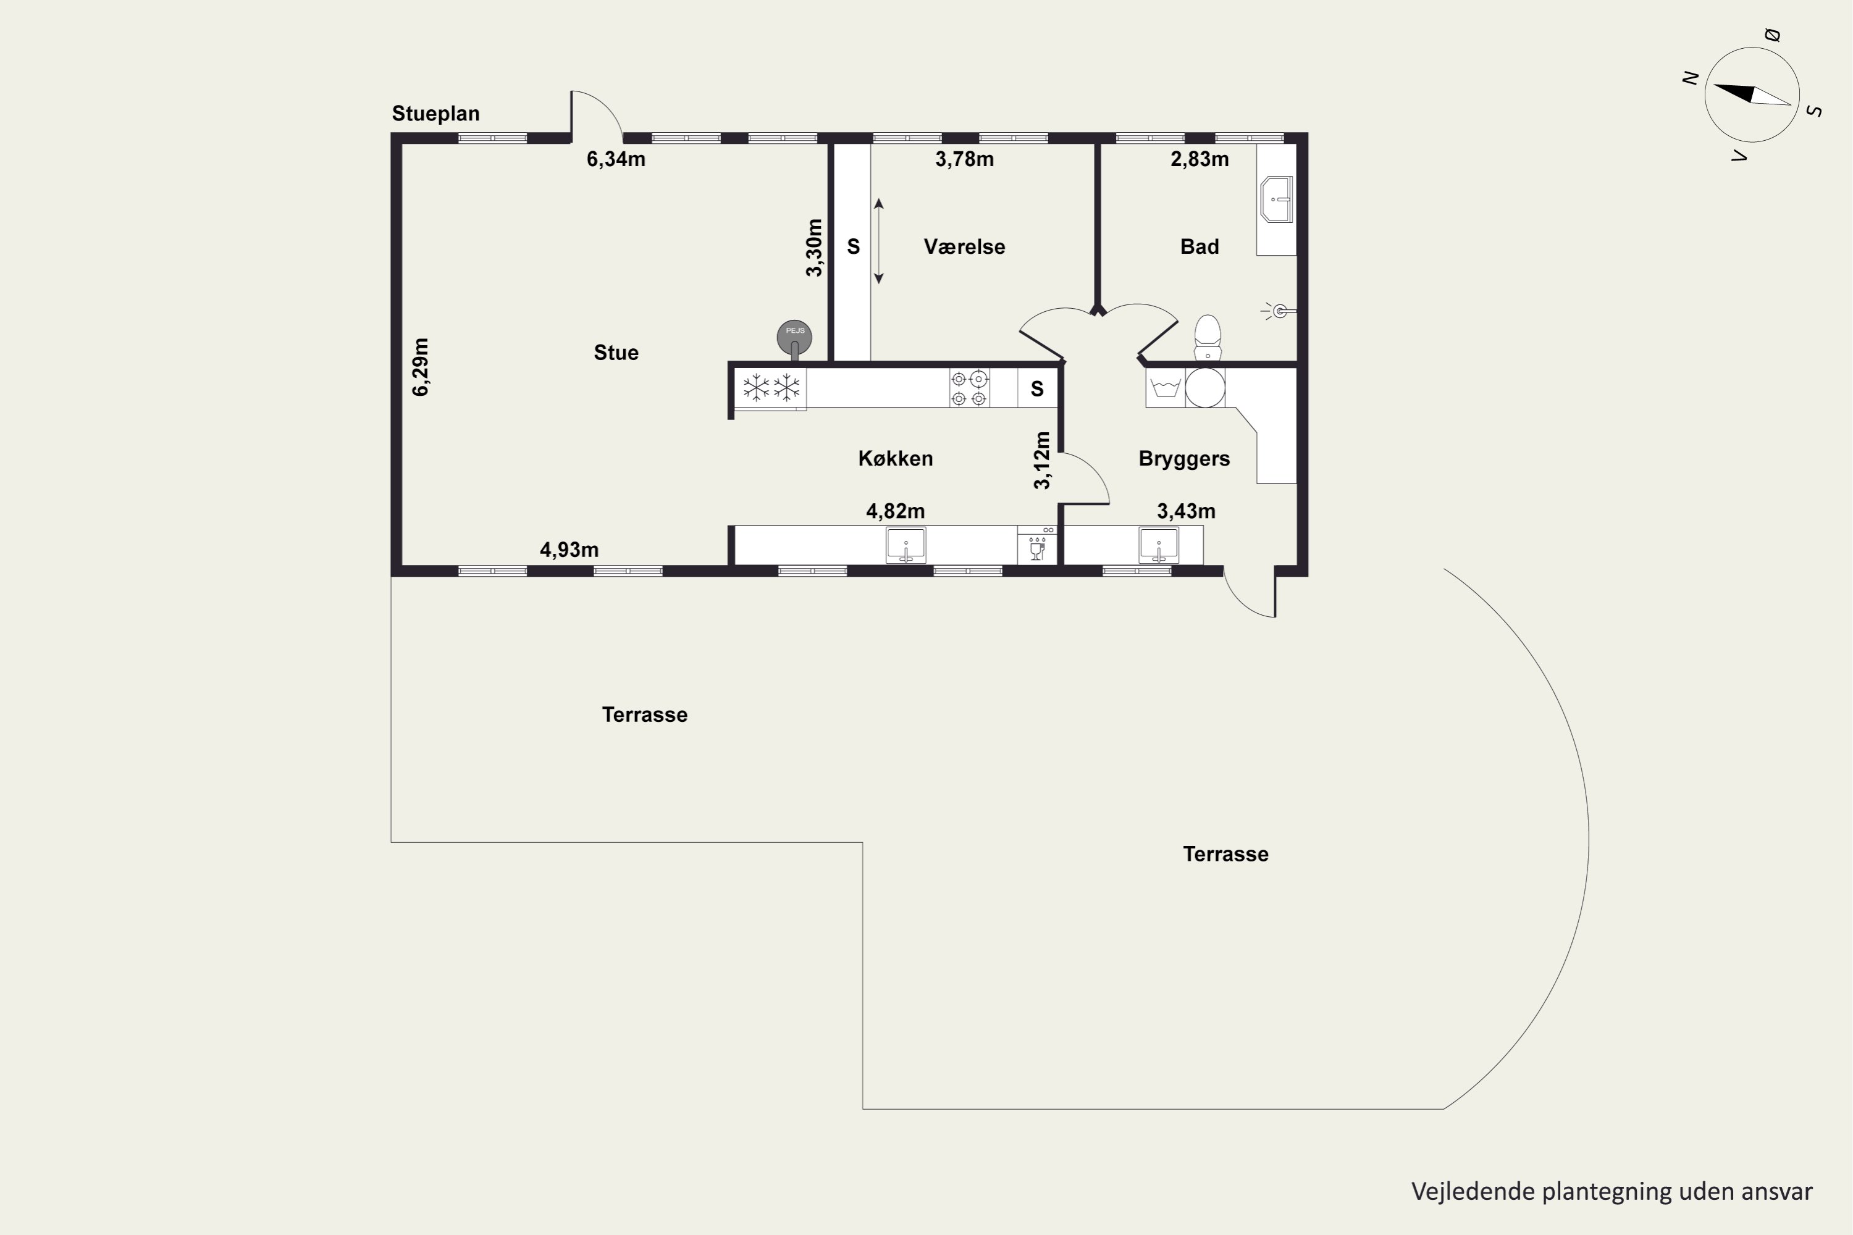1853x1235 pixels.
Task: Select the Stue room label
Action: (616, 352)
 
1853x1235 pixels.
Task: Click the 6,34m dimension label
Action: (616, 159)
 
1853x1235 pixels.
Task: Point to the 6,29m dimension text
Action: (421, 367)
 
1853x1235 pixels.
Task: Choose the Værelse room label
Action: (964, 246)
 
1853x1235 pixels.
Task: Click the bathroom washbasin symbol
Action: (1276, 200)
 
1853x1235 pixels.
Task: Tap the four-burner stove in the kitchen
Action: (969, 388)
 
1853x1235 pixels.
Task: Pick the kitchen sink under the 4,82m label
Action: (906, 546)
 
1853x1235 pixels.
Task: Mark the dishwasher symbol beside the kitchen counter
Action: (1037, 545)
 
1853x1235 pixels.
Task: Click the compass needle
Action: (1752, 94)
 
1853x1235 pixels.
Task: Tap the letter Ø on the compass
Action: (1772, 35)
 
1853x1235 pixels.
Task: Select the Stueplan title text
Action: (435, 114)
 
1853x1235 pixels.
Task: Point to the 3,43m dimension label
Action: (1186, 512)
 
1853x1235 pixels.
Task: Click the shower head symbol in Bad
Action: (1278, 311)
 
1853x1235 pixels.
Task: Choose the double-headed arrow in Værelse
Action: (879, 241)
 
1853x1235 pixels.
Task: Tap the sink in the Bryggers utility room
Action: (1159, 546)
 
